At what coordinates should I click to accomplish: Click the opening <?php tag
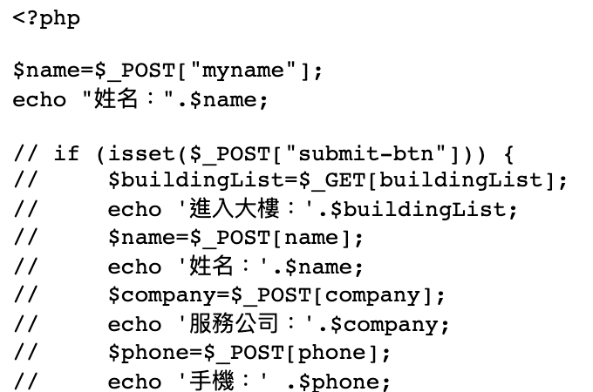[x=46, y=17]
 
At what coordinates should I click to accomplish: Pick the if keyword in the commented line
[x=66, y=154]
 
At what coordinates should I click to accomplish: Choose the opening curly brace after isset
[x=508, y=154]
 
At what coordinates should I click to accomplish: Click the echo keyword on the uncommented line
[x=39, y=99]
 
